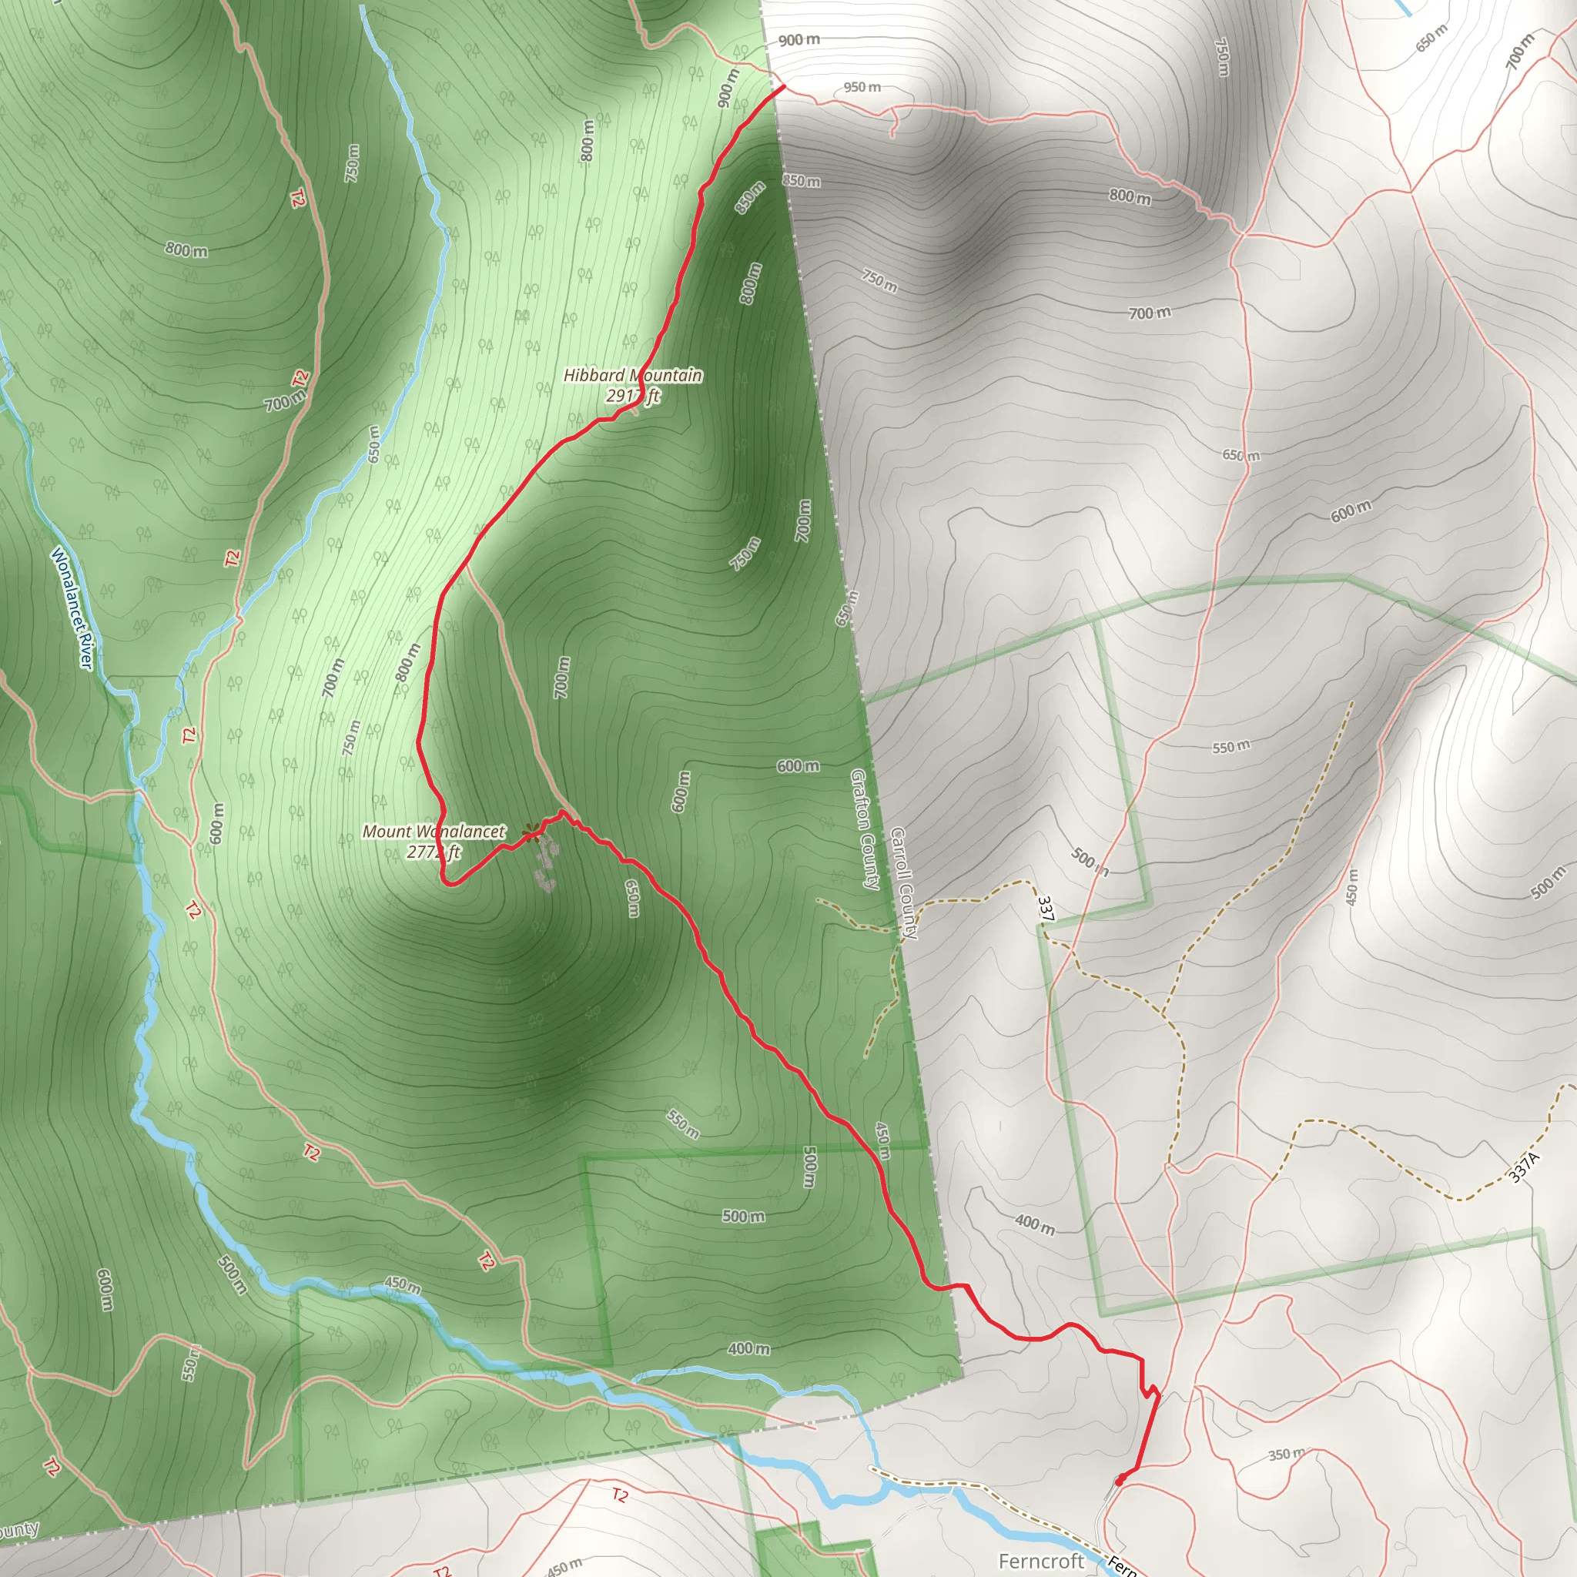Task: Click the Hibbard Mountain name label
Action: point(633,376)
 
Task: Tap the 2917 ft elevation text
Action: point(633,397)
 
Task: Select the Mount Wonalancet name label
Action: point(434,832)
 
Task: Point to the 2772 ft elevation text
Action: point(433,852)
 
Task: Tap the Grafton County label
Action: point(866,828)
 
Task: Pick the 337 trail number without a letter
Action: point(1046,909)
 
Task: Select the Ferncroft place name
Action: point(1041,1561)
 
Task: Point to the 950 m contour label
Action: point(862,87)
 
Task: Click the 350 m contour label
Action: point(1287,1454)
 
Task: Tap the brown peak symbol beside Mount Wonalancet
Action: point(532,833)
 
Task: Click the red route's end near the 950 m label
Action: point(782,86)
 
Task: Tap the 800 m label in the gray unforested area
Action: point(1130,196)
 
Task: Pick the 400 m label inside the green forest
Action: point(748,1348)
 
